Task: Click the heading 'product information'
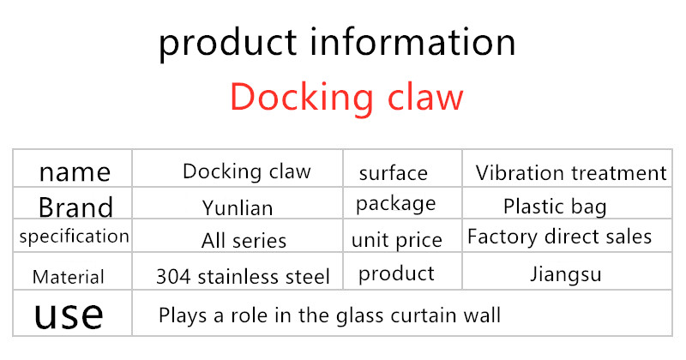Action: click(337, 44)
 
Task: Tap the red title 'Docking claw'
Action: click(346, 98)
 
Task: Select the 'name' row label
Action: click(75, 172)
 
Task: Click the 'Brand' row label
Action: click(75, 207)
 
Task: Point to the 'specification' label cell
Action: click(75, 237)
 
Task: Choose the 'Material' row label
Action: click(69, 277)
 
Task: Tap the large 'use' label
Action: click(69, 314)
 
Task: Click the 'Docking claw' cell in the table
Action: click(247, 171)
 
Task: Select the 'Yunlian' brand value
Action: click(238, 207)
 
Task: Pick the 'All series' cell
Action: click(244, 241)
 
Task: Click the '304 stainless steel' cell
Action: click(243, 277)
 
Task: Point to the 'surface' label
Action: click(394, 173)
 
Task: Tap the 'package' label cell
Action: click(396, 204)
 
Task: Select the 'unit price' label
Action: click(397, 240)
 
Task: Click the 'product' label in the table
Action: click(396, 274)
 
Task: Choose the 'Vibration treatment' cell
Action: click(571, 173)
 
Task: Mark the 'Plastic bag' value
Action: click(555, 207)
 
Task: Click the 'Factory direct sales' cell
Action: click(560, 237)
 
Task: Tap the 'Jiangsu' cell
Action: click(566, 274)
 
